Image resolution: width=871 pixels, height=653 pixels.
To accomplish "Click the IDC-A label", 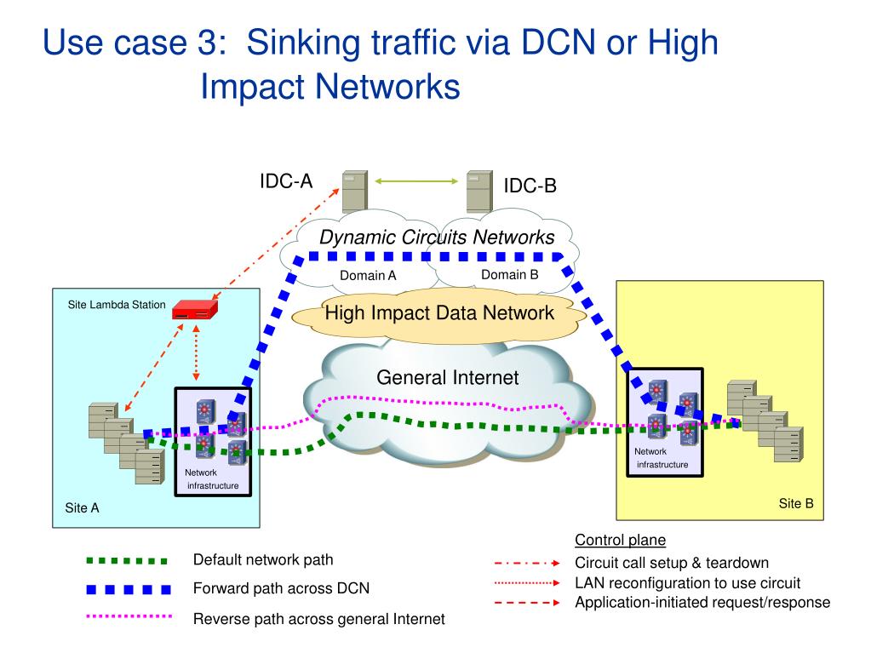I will click(286, 180).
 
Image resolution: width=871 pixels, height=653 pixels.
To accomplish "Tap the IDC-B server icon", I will click(479, 191).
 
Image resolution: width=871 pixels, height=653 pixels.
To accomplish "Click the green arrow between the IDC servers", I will click(413, 180).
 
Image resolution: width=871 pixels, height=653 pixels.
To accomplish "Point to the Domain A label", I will click(368, 275).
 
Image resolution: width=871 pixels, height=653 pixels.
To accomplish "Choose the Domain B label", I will click(510, 274).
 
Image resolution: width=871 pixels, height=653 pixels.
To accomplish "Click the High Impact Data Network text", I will click(439, 312).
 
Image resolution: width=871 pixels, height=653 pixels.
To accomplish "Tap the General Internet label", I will click(447, 377).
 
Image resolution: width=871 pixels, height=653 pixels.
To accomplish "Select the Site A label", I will click(83, 508).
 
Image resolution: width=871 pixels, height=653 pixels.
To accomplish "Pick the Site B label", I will click(796, 503).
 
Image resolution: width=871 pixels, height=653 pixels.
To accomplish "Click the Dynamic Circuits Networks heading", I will click(437, 238).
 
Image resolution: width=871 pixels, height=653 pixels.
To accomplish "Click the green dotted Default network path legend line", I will click(128, 560).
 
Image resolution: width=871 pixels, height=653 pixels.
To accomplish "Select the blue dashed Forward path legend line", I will click(129, 589).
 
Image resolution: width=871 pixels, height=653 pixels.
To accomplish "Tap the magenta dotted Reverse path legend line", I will click(129, 616).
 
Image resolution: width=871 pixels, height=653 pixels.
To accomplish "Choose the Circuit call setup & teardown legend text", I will click(672, 563).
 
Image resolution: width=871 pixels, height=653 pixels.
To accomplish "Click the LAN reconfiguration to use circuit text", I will click(687, 583).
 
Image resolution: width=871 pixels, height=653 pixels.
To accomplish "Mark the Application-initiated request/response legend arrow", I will click(525, 603).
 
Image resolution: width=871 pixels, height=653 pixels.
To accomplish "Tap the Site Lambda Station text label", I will click(117, 304).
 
